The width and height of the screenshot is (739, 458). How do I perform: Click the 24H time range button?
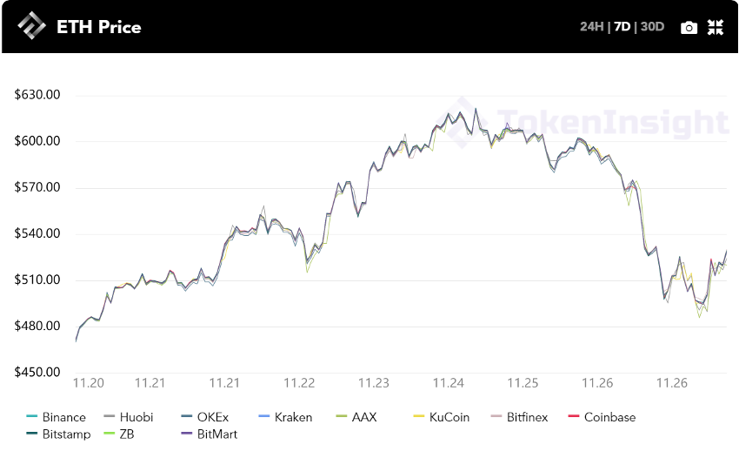click(x=591, y=26)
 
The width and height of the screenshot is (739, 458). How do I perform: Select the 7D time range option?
click(x=622, y=26)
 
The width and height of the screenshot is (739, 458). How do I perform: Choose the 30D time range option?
click(x=652, y=26)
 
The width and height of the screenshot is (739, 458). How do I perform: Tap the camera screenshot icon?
click(x=689, y=27)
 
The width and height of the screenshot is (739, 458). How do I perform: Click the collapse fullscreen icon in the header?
click(x=716, y=27)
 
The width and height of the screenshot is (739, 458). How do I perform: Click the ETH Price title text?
click(x=98, y=27)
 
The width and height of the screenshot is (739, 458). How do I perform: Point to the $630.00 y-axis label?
click(x=37, y=94)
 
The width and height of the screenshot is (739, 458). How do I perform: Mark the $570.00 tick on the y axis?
click(x=37, y=187)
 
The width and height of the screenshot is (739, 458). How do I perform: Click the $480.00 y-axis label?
click(x=37, y=326)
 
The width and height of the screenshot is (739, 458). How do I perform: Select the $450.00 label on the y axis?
click(x=37, y=372)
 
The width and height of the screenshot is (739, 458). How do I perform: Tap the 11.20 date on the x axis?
click(x=89, y=383)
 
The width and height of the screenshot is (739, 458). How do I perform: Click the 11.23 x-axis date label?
click(x=374, y=383)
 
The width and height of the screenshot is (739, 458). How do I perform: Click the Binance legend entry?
click(x=57, y=417)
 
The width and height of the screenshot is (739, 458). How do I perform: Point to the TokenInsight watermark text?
click(x=612, y=124)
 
